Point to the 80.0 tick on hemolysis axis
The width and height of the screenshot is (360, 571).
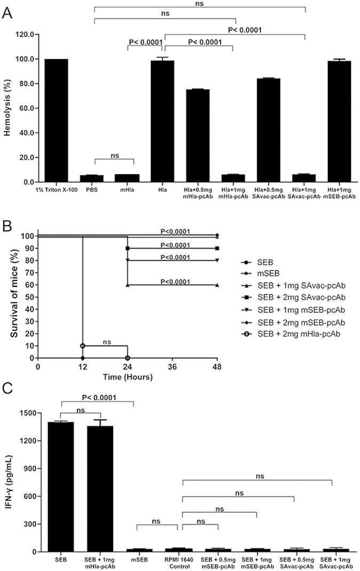click(27, 84)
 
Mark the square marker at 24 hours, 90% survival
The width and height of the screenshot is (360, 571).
click(127, 248)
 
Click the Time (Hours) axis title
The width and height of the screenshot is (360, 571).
click(127, 377)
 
